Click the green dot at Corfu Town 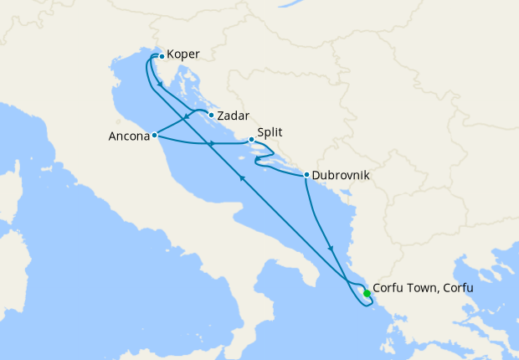point(367,293)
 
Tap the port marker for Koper point(162,57)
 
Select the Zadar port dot point(211,115)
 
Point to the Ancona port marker point(155,134)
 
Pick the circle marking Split point(251,140)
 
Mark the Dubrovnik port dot point(307,175)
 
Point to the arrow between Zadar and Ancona point(185,119)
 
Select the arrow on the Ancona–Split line point(212,144)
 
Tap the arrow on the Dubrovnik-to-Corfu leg point(333,248)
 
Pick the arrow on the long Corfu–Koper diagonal point(242,177)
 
